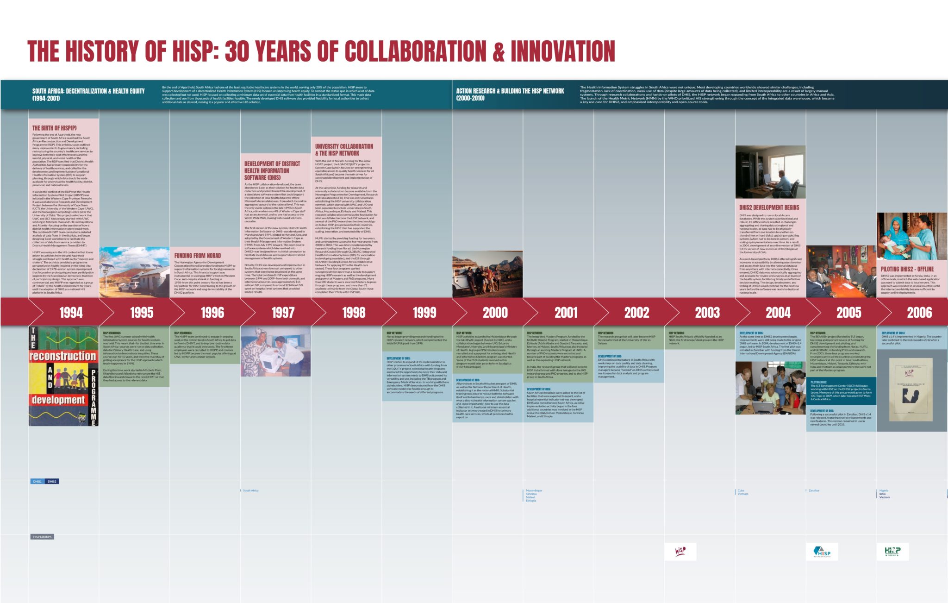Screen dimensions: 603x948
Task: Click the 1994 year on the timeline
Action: pyautogui.click(x=71, y=313)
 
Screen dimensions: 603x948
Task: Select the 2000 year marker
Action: pyautogui.click(x=495, y=313)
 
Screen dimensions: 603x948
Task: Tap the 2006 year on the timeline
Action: pyautogui.click(x=919, y=313)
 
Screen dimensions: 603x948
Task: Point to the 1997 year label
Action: pyautogui.click(x=283, y=313)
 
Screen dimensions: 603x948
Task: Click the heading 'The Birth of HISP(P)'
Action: pyautogui.click(x=55, y=128)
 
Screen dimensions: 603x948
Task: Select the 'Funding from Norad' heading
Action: pyautogui.click(x=198, y=256)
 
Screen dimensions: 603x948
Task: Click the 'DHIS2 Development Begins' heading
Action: pyautogui.click(x=769, y=208)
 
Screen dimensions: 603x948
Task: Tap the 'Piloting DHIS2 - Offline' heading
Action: pyautogui.click(x=907, y=269)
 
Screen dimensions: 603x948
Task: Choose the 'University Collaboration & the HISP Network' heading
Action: pyautogui.click(x=344, y=150)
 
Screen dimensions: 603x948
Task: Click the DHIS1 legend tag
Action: pyautogui.click(x=37, y=482)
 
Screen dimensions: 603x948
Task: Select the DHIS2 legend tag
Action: pyautogui.click(x=52, y=482)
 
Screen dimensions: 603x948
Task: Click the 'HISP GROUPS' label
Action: pyautogui.click(x=43, y=537)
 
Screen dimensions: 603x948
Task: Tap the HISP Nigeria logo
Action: pyautogui.click(x=892, y=552)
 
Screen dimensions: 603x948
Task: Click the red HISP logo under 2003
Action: pyautogui.click(x=680, y=552)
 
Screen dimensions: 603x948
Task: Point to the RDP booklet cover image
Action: pyautogui.click(x=63, y=376)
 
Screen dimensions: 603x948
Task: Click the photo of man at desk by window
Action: pyautogui.click(x=770, y=172)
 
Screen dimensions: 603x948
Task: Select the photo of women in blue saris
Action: pyautogui.click(x=911, y=236)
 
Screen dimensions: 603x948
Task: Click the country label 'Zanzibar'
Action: pyautogui.click(x=814, y=490)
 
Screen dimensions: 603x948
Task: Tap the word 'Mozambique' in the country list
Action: pyautogui.click(x=534, y=490)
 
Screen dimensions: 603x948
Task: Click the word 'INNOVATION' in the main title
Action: pyautogui.click(x=563, y=51)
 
